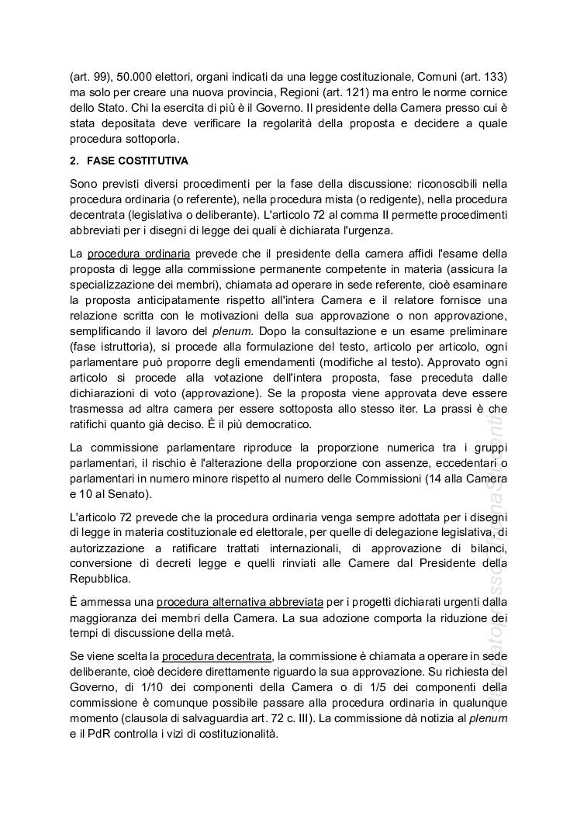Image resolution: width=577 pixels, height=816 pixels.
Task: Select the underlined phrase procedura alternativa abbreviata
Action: (226, 601)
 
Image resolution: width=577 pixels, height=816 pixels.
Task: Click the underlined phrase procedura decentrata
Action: (217, 656)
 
